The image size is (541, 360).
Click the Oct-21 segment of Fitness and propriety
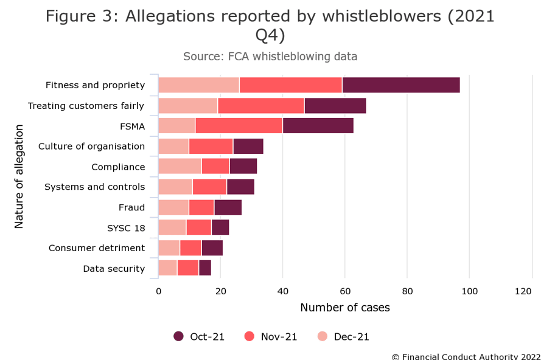pyautogui.click(x=401, y=85)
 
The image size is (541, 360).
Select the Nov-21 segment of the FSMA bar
pyautogui.click(x=239, y=126)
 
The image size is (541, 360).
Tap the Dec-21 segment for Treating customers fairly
pyautogui.click(x=187, y=106)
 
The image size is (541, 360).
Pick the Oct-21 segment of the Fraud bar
pyautogui.click(x=228, y=207)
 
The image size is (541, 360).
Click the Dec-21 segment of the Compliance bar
pyautogui.click(x=180, y=167)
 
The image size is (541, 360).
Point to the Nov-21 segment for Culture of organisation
pyautogui.click(x=211, y=147)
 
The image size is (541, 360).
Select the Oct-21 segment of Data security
pyautogui.click(x=204, y=268)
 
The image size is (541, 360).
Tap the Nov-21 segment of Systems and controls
pyautogui.click(x=209, y=187)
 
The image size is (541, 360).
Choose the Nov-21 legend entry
pyautogui.click(x=271, y=336)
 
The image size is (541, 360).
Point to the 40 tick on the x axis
pyautogui.click(x=282, y=292)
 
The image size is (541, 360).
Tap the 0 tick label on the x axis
pyautogui.click(x=158, y=292)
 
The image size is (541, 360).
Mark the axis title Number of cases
pyautogui.click(x=344, y=308)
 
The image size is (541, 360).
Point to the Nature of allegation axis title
pyautogui.click(x=19, y=176)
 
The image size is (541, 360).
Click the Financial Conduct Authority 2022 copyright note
pyautogui.click(x=465, y=356)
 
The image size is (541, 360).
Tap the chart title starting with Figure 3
pyautogui.click(x=270, y=26)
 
